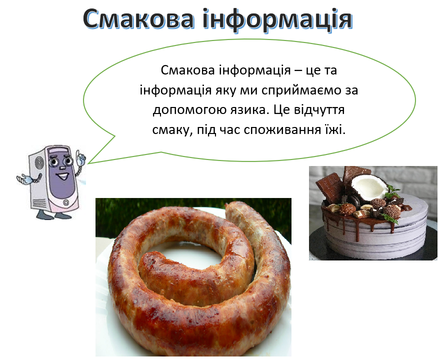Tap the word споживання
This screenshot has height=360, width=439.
pos(281,128)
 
